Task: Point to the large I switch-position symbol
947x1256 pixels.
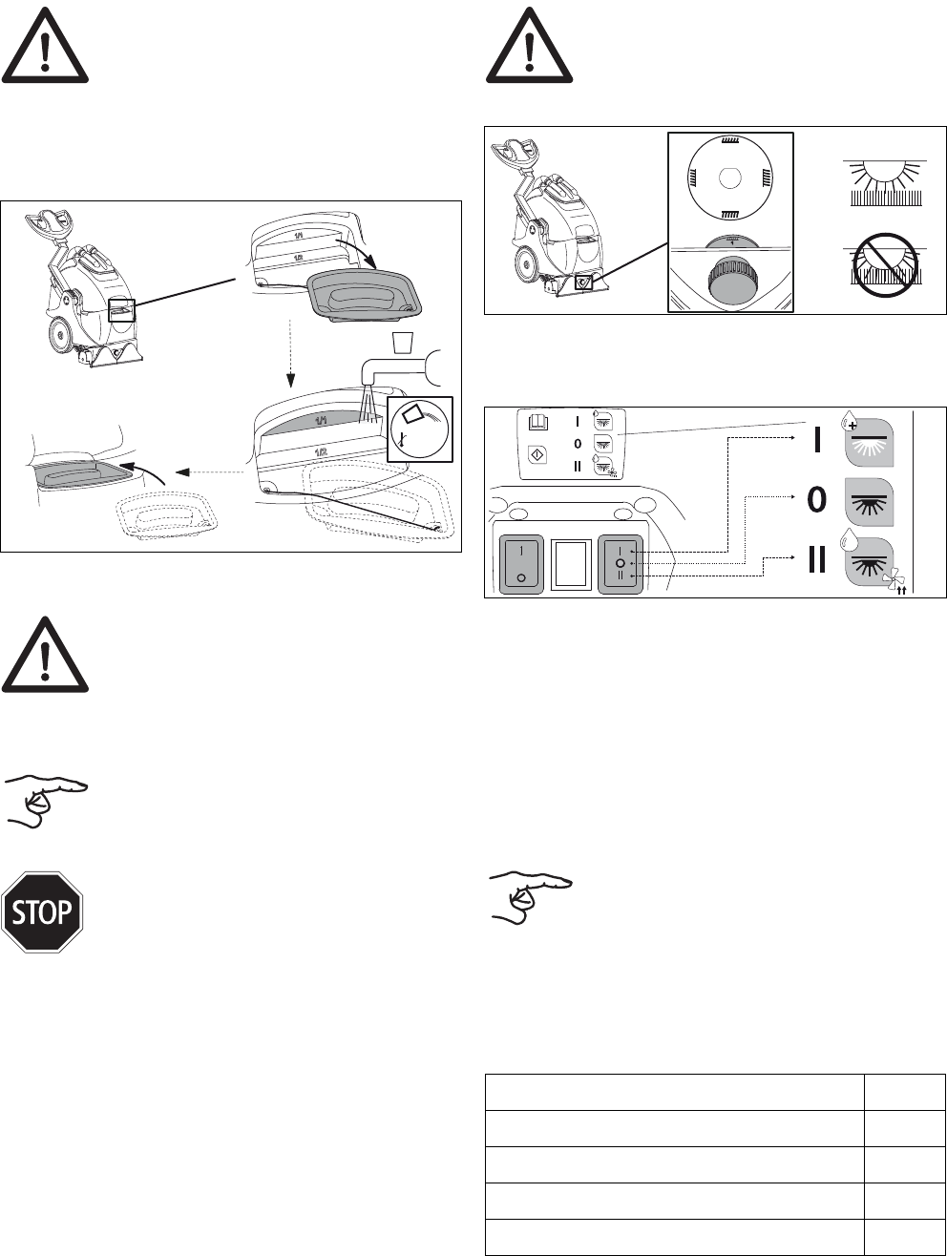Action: [817, 440]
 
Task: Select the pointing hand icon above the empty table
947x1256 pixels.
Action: [531, 895]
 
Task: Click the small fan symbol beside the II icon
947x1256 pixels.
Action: [894, 578]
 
